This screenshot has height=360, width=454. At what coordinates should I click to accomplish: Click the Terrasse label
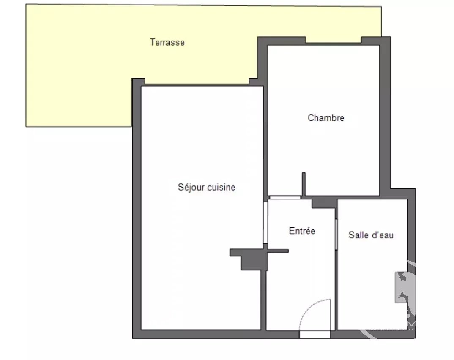[x=167, y=42]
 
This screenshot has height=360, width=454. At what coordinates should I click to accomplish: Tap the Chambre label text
[x=326, y=118]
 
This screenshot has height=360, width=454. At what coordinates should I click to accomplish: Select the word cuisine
[x=221, y=187]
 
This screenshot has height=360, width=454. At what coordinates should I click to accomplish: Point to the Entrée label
[x=302, y=231]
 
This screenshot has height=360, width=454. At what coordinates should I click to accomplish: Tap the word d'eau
[x=382, y=235]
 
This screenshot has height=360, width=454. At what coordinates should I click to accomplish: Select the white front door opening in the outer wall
[x=315, y=335]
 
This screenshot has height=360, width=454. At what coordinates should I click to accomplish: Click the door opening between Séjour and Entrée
[x=265, y=222]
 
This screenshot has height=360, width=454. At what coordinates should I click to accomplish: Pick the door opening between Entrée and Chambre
[x=285, y=197]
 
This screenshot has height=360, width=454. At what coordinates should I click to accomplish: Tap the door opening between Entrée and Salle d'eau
[x=336, y=234]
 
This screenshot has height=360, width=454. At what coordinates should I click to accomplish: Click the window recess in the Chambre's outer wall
[x=333, y=40]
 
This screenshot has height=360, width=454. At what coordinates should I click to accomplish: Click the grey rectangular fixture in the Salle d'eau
[x=401, y=287]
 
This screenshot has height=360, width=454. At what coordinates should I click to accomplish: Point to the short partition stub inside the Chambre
[x=304, y=184]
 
